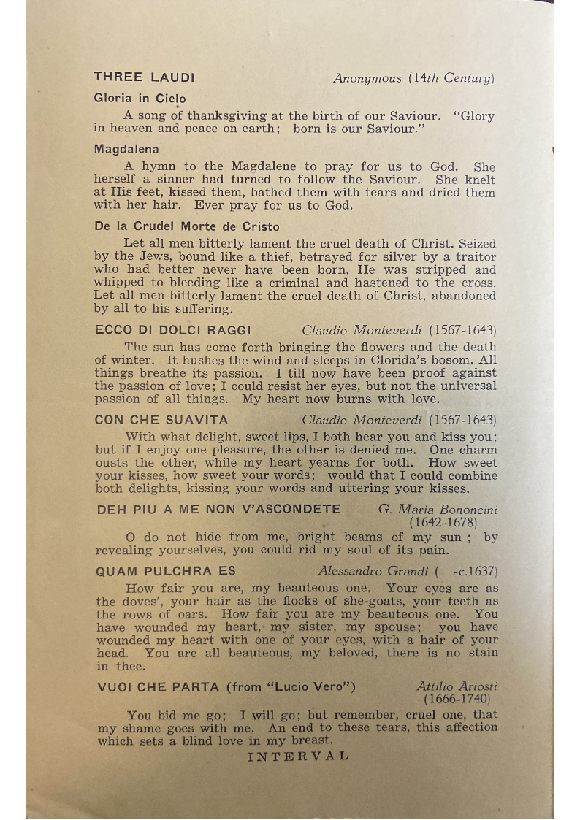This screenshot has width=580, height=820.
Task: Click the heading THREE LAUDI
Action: coord(144,77)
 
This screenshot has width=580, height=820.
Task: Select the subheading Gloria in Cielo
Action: coord(140,98)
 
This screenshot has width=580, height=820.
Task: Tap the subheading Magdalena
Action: coord(126,149)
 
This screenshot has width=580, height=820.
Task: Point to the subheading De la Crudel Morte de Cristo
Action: coord(187,226)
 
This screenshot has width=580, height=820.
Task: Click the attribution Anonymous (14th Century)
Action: coord(413,78)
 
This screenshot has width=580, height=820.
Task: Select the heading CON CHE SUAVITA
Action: coord(161,420)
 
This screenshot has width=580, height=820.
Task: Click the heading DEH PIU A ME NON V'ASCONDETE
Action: coord(218,509)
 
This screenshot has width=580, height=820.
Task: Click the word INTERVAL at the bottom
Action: coord(298,756)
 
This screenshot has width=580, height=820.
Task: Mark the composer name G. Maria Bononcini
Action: coord(436,509)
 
